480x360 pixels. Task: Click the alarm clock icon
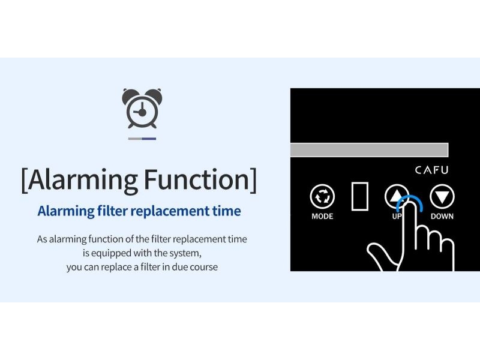(x=142, y=109)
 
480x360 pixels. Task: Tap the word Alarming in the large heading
(x=82, y=181)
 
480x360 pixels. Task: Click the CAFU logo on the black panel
(x=431, y=170)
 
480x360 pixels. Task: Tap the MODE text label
(x=322, y=216)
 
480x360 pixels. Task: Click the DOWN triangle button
(x=442, y=197)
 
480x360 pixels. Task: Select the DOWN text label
(x=442, y=216)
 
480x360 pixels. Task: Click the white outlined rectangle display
(x=359, y=196)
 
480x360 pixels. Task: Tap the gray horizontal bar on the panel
(x=369, y=149)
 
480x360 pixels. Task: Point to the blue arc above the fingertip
(x=410, y=199)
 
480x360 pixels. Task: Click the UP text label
(x=397, y=216)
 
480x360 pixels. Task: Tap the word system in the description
(x=185, y=254)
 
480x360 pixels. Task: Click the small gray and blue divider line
(x=142, y=139)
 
